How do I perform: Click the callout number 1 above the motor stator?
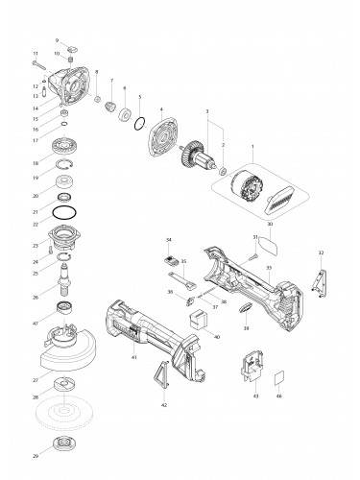[252, 146]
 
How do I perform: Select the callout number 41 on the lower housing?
[133, 356]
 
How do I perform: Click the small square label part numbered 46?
[279, 376]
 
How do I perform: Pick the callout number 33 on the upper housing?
[270, 268]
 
